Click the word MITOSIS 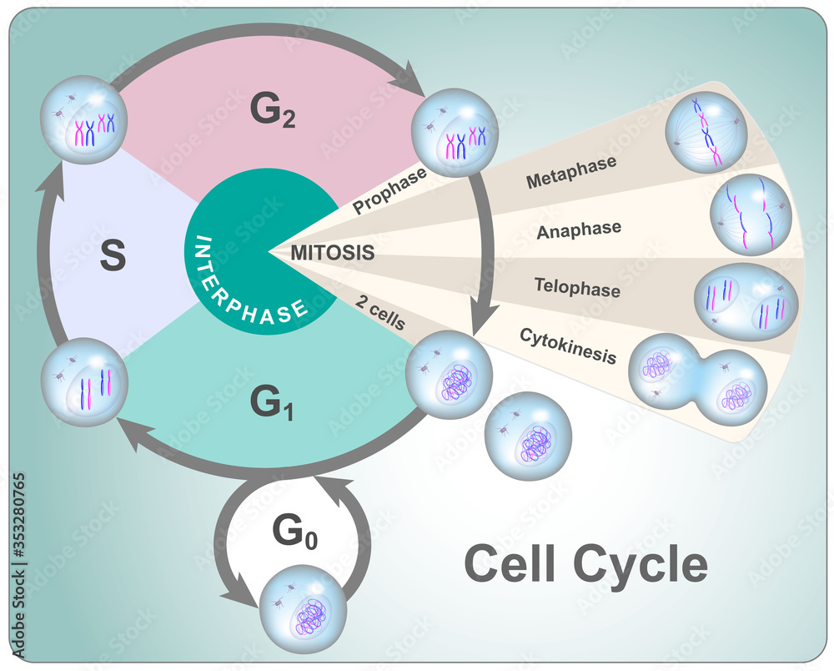click(333, 250)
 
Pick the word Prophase click(390, 191)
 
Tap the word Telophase click(577, 288)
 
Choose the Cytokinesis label click(567, 346)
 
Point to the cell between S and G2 click(83, 119)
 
